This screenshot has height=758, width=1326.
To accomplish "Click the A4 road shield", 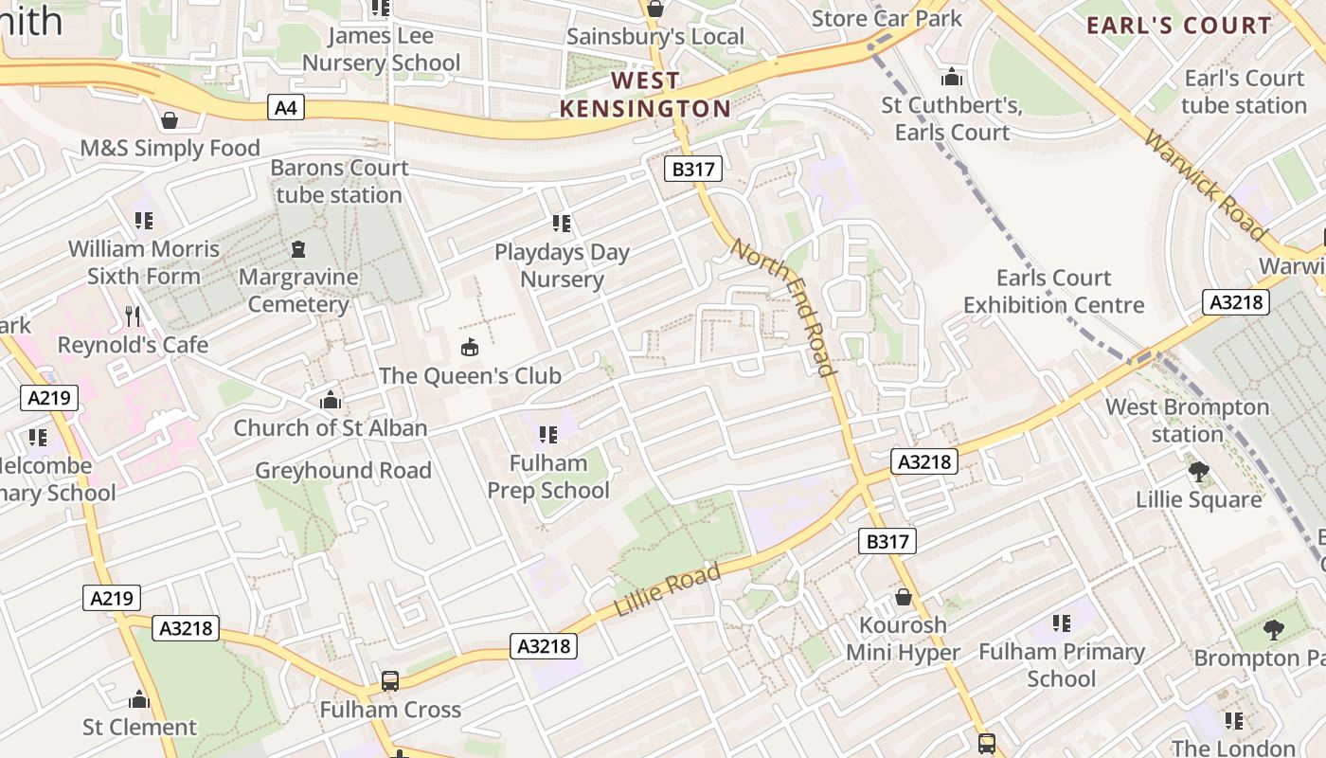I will coord(285,108).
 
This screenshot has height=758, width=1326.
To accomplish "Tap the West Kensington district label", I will coord(645,95).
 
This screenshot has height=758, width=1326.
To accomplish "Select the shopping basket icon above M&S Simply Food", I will coord(170,120).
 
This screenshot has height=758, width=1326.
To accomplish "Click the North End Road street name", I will coord(784,306).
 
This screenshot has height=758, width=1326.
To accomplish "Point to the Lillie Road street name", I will coord(668,589).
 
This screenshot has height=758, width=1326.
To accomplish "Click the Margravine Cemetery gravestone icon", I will coord(298,250).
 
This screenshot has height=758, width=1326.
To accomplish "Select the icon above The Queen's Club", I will coord(469,348).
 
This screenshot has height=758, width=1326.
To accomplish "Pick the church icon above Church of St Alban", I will coord(330,400).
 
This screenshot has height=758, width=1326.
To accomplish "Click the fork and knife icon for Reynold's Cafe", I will coord(133,316).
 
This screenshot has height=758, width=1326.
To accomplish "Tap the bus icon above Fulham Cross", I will coord(389,681).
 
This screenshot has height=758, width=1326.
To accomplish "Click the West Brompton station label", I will coord(1187,421).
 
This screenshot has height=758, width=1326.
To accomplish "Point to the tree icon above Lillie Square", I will coord(1198,471).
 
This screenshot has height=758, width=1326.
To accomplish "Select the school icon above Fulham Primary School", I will coord(1062,623).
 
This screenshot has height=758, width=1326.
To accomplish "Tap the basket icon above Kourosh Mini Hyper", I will coord(904,598).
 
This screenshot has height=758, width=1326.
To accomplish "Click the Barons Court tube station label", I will coord(339,181).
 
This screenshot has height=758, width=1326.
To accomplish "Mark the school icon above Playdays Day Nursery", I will coord(562,224).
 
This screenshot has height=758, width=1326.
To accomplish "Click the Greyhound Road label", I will coord(343,471).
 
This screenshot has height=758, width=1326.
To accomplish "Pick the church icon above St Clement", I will coord(139,700).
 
